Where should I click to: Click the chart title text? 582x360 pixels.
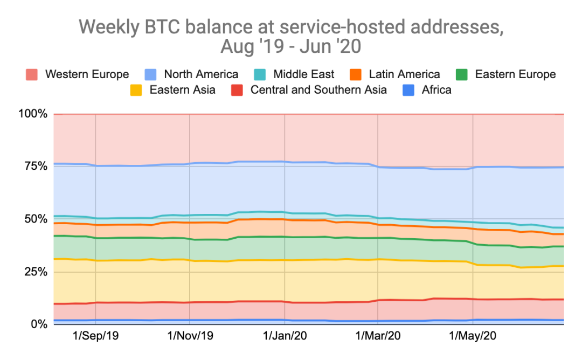point(291,37)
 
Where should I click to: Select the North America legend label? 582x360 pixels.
point(201,74)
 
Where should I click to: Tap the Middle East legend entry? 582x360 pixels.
point(303,74)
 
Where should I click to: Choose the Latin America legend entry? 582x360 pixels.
point(404,74)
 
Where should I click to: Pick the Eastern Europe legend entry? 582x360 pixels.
point(515,74)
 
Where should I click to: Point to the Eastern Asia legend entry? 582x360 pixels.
point(182,89)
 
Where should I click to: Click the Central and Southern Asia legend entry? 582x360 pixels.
point(318,89)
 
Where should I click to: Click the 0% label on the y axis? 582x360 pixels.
point(39,323)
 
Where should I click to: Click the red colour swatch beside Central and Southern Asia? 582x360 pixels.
point(237,89)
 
